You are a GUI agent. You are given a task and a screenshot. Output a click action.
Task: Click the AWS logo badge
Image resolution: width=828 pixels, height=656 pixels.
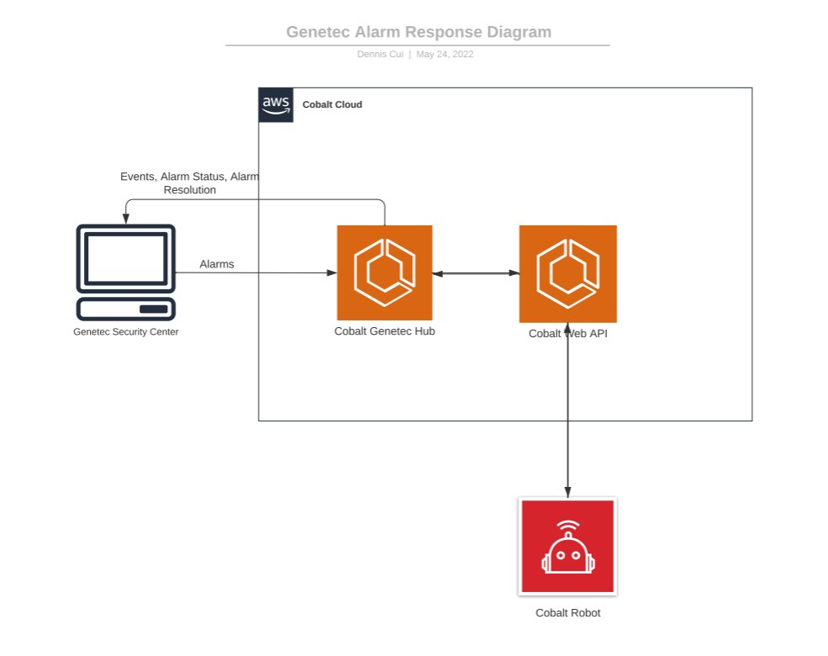tap(276, 105)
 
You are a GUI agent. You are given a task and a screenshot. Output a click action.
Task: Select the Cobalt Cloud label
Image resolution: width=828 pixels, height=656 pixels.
tap(332, 104)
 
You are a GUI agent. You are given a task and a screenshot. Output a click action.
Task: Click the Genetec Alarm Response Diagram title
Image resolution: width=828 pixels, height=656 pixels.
tap(419, 32)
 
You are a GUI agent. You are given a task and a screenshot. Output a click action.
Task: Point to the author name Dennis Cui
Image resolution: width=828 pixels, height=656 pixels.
tap(380, 54)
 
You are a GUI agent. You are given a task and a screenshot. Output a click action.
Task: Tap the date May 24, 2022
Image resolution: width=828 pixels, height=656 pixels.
tap(445, 54)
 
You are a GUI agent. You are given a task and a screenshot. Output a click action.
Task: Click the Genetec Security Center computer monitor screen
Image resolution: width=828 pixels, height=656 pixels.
tap(126, 259)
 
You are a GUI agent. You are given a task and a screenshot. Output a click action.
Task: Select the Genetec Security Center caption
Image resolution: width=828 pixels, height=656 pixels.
tap(126, 331)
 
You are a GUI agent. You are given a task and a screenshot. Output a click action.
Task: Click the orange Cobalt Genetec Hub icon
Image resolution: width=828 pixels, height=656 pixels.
tap(384, 272)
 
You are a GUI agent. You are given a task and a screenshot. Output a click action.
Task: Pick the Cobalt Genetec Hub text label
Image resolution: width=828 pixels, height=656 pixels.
tap(384, 331)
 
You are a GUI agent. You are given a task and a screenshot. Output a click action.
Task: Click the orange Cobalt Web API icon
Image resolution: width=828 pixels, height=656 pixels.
tap(567, 273)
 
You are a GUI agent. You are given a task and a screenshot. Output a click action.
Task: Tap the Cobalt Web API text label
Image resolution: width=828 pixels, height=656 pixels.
tap(567, 333)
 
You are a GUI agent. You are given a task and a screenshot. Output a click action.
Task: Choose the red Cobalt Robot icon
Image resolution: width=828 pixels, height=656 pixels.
tap(567, 546)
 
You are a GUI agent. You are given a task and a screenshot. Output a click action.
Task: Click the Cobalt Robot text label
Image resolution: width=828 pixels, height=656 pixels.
tap(567, 613)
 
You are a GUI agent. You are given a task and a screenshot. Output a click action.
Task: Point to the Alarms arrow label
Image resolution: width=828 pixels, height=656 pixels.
tap(217, 264)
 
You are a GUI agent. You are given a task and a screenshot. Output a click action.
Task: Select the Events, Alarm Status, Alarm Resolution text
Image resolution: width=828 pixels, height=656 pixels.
tap(190, 183)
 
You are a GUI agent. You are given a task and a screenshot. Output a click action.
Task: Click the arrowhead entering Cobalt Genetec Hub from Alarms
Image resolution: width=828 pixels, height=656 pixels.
tap(332, 272)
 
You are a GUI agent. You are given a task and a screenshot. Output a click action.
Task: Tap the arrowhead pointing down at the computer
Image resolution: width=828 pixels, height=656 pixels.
tap(126, 219)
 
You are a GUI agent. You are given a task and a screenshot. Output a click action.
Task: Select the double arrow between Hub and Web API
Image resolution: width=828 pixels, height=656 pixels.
tap(476, 273)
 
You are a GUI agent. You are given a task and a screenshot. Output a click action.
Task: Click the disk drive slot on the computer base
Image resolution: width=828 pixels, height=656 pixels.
tap(154, 309)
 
